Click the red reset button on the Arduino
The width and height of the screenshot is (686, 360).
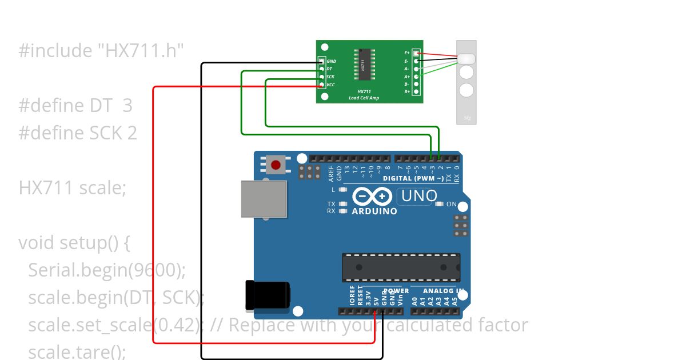[x=276, y=165]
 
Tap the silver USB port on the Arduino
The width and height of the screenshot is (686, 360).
[x=264, y=199]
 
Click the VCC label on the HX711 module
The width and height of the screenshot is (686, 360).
[x=331, y=85]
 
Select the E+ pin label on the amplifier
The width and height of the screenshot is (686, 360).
[x=407, y=53]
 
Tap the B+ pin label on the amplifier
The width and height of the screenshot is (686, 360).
[x=407, y=91]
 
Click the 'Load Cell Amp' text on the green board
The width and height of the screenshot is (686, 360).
[x=364, y=98]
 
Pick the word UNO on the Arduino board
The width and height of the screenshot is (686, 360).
[x=419, y=196]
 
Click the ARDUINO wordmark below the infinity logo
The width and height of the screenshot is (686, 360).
[x=374, y=211]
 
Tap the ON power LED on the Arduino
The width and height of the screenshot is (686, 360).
[x=439, y=204]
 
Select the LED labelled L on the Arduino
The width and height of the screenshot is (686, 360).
[x=343, y=190]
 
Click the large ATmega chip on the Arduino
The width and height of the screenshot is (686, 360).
[x=401, y=267]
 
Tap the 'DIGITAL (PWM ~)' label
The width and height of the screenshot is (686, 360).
[x=413, y=179]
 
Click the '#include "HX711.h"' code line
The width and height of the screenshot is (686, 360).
[x=101, y=51]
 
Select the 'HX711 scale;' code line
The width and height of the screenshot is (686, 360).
[x=73, y=187]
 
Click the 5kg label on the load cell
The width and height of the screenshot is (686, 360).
[x=466, y=118]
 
